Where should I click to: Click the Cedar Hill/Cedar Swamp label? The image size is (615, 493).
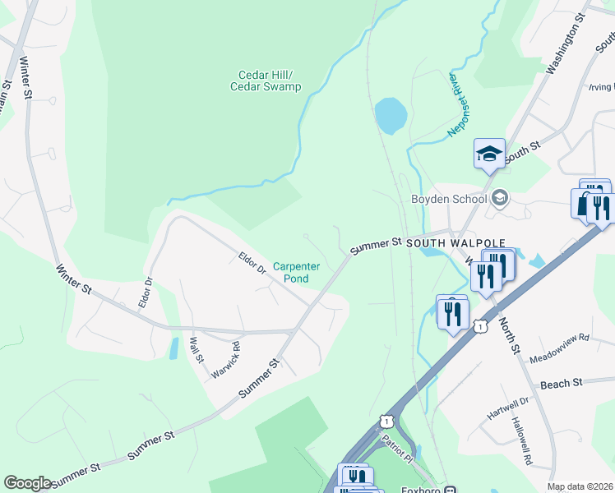click(266, 81)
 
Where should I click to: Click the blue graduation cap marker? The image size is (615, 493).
click(489, 153)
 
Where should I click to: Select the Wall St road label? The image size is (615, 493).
click(197, 348)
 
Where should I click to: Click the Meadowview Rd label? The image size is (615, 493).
click(560, 337)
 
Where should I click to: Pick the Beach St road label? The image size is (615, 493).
click(561, 383)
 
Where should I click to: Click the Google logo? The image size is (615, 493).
click(27, 482)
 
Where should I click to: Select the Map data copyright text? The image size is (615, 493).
click(580, 486)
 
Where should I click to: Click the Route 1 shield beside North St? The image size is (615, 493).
click(482, 326)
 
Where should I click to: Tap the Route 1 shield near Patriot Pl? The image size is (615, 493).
click(384, 421)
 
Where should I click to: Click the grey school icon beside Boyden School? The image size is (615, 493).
click(499, 198)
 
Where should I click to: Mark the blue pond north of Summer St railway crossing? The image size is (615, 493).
click(391, 115)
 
